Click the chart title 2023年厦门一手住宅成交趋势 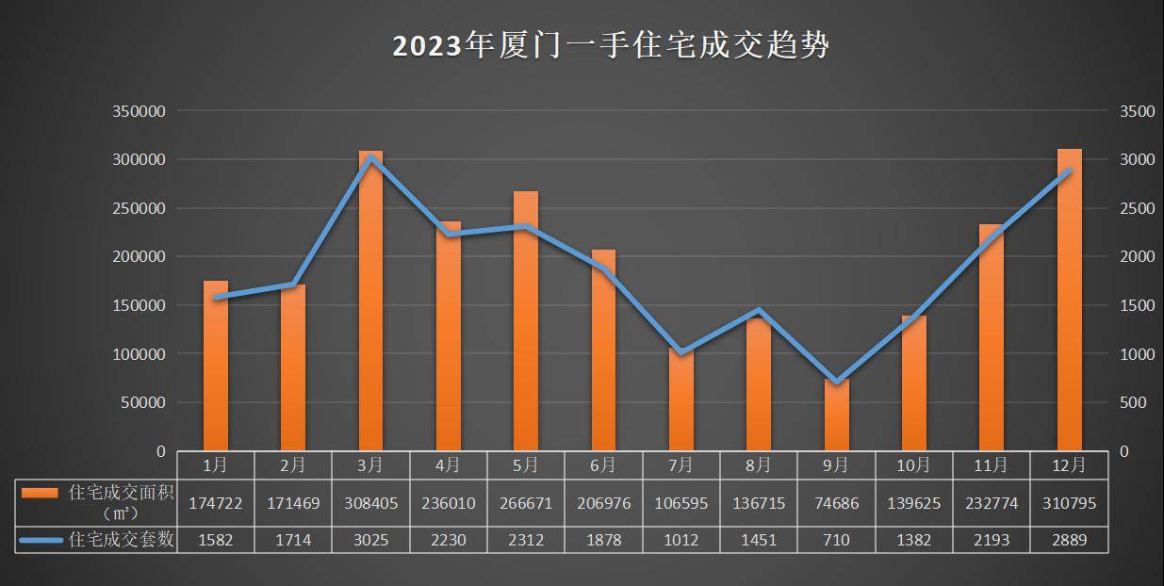click(611, 45)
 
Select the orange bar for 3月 click(370, 301)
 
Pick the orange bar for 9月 click(836, 415)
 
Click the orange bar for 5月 click(526, 320)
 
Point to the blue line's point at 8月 click(759, 310)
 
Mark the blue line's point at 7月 click(681, 353)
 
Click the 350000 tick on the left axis click(139, 111)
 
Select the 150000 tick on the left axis click(139, 305)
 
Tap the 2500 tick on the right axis click(1137, 208)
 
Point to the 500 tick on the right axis click(1133, 402)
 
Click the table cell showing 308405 click(371, 503)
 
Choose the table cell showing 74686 click(836, 503)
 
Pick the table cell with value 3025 click(371, 540)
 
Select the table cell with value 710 click(836, 540)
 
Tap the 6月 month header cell click(603, 464)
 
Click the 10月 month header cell click(913, 464)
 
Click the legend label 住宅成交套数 click(122, 540)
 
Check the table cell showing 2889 click(1069, 540)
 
